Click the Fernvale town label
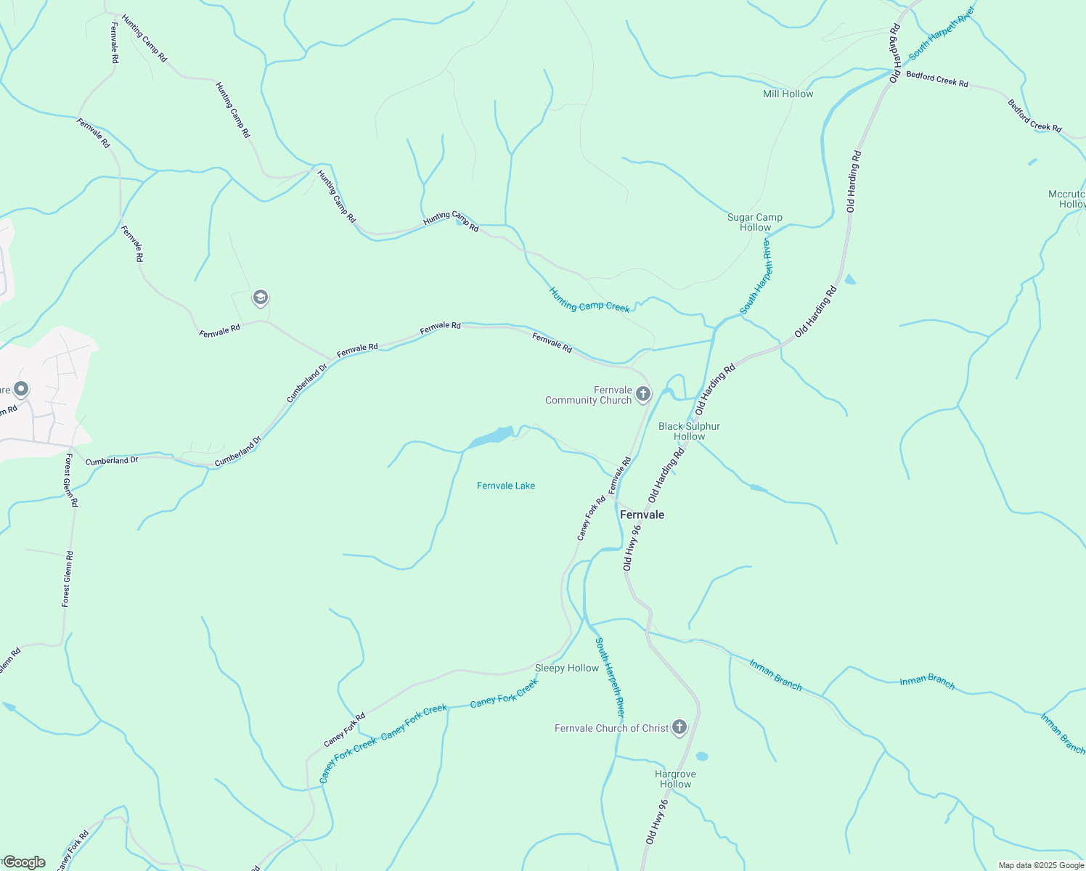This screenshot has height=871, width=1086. [642, 515]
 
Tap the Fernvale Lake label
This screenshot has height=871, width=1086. [506, 486]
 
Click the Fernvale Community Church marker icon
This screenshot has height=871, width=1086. [642, 394]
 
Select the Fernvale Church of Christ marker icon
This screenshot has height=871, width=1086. [679, 727]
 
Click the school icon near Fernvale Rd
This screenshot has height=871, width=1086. [260, 298]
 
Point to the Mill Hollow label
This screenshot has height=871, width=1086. [788, 94]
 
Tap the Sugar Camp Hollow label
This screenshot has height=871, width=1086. [755, 222]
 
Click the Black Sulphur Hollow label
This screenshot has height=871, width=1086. [689, 431]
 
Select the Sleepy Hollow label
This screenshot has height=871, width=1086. [567, 668]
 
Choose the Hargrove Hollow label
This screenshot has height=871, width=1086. [676, 779]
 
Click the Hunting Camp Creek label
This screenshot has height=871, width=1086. [589, 300]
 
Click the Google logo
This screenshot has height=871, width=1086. [23, 862]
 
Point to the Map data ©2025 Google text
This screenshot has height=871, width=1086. [1040, 865]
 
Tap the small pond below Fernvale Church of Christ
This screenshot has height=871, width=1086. [701, 756]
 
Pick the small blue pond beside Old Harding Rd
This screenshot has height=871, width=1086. [849, 279]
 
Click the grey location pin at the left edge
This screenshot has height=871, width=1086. [21, 390]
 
